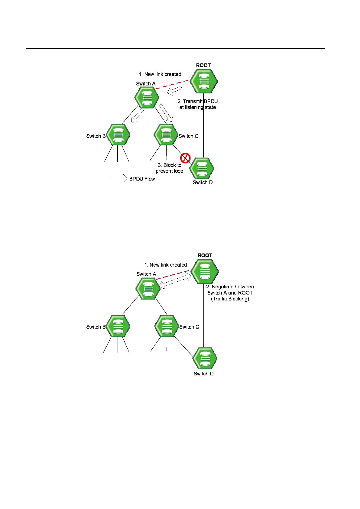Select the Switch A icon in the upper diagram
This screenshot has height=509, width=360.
click(x=147, y=97)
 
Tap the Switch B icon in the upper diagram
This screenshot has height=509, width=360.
click(x=118, y=135)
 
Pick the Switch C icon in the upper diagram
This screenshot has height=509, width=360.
click(x=166, y=135)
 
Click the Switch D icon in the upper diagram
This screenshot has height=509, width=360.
click(x=202, y=169)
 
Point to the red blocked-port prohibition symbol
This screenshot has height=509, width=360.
click(x=185, y=158)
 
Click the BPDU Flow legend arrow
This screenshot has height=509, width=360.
click(x=118, y=179)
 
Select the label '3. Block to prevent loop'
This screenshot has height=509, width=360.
click(x=169, y=168)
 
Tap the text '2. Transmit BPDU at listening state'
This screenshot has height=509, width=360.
click(x=198, y=104)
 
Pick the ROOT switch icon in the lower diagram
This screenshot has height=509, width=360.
click(x=205, y=271)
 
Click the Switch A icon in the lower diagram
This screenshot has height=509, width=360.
click(x=148, y=288)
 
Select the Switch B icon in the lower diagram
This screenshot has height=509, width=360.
click(x=118, y=326)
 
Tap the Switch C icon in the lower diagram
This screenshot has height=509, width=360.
click(x=167, y=326)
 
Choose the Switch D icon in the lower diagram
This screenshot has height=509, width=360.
click(x=205, y=358)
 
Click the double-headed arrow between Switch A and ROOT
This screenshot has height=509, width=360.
click(x=175, y=280)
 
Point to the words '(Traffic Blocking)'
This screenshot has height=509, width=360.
click(x=230, y=299)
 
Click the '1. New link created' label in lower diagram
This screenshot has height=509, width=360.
click(x=166, y=265)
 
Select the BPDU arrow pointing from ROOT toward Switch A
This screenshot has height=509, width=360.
click(x=175, y=90)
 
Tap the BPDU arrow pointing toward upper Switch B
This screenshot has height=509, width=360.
click(x=138, y=116)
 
